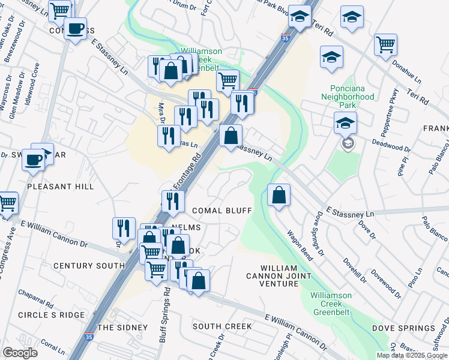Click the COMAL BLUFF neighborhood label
(x=221, y=211)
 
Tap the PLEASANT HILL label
(x=61, y=187)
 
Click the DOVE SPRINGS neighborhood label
(x=403, y=328)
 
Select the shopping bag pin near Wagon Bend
(x=279, y=196)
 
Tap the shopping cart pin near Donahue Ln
(x=385, y=44)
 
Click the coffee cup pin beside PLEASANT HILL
(x=34, y=160)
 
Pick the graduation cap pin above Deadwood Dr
(x=345, y=123)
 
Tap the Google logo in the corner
(x=20, y=353)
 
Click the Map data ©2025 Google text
(x=412, y=355)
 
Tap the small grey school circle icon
(x=348, y=143)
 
